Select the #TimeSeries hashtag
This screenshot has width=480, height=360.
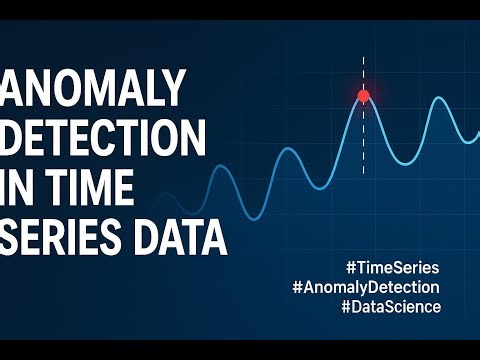392,268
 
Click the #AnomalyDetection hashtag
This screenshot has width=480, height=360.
366,287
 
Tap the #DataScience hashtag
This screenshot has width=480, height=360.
390,307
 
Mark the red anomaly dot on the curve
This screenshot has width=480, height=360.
363,96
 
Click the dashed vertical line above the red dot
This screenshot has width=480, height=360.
363,70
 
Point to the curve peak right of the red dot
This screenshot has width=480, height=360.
437,99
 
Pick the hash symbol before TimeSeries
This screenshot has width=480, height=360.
349,268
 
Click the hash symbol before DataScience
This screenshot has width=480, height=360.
346,307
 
